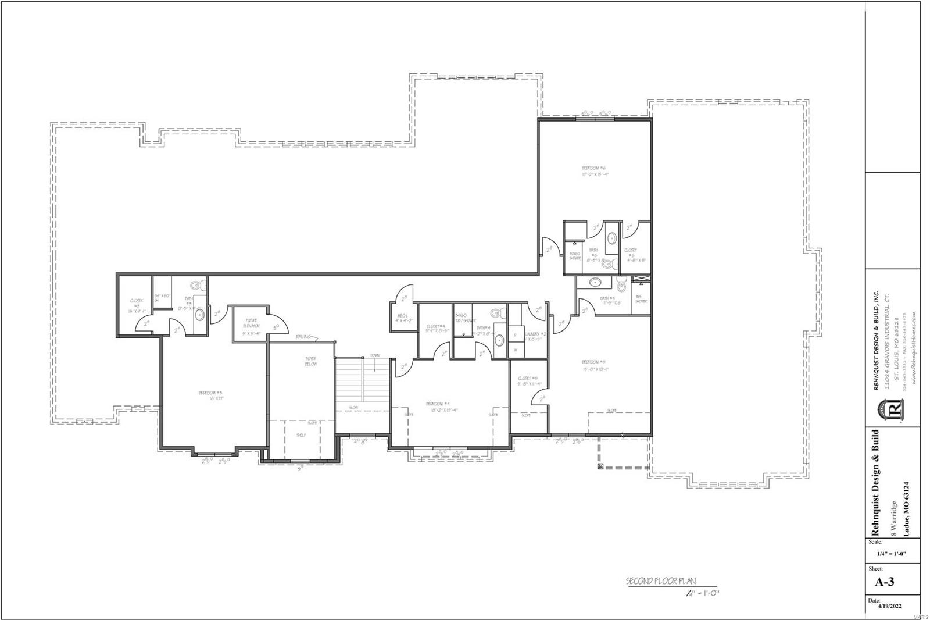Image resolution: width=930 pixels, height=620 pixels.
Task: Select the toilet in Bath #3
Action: point(197,286)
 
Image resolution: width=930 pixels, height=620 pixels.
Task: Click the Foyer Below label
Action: point(311,361)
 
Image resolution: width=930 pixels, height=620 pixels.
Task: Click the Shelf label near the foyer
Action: point(301,434)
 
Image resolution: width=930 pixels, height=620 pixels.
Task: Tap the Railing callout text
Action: point(303,336)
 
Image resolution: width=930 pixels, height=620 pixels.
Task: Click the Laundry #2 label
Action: point(535,336)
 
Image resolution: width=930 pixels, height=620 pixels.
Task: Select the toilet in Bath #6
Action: point(608,265)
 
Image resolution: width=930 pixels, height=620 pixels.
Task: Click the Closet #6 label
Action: point(631,255)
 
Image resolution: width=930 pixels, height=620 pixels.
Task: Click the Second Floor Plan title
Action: point(660,580)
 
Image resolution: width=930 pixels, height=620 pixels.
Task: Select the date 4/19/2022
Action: point(889,606)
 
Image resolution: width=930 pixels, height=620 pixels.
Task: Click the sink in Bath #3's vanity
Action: point(199,315)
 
